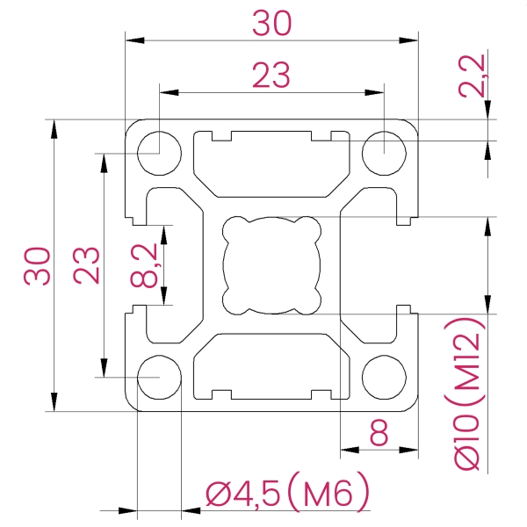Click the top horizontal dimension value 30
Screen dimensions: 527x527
coord(271,24)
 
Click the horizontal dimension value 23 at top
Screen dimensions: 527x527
coord(271,76)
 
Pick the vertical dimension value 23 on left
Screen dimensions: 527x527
coord(86,265)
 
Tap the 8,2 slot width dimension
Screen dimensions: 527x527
coord(145,265)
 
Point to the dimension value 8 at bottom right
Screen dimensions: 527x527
coord(379,433)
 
